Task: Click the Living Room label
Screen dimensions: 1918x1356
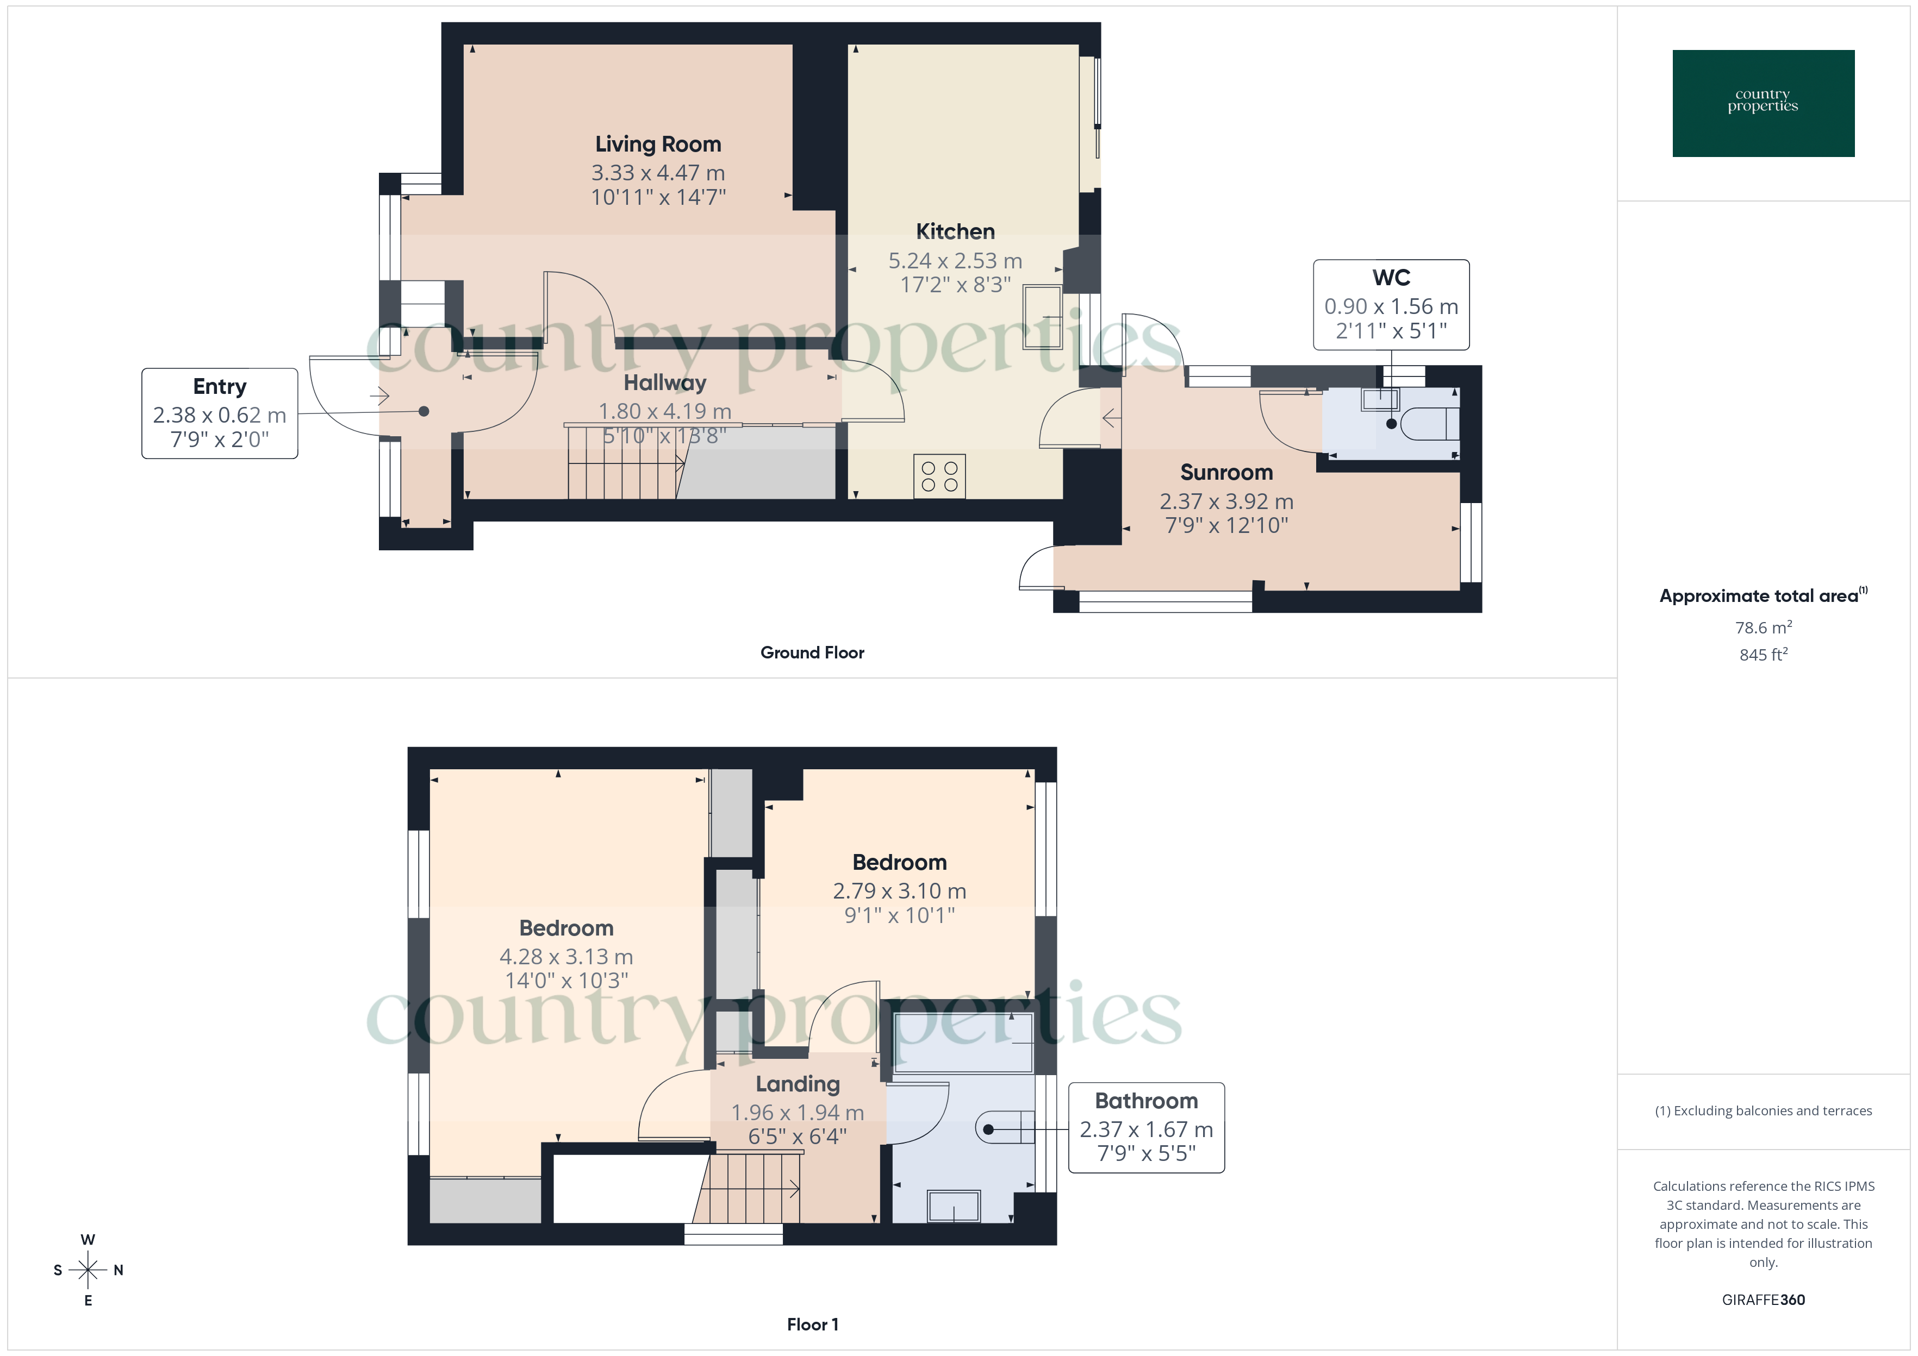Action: tap(657, 145)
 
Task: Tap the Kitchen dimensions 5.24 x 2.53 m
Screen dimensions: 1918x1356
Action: tap(955, 261)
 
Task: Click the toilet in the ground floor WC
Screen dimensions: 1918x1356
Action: tap(1431, 423)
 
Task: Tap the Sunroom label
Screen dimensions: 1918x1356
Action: tap(1225, 473)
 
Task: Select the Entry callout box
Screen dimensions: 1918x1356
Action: tap(220, 413)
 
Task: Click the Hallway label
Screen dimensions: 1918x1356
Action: tap(665, 383)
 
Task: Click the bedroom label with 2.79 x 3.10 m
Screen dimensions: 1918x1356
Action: tap(899, 863)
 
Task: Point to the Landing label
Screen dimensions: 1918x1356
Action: tap(798, 1084)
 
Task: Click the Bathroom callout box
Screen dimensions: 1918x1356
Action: tap(1146, 1127)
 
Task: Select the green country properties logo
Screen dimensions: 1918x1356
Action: tap(1763, 104)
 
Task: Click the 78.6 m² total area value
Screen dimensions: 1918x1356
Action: tap(1763, 627)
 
